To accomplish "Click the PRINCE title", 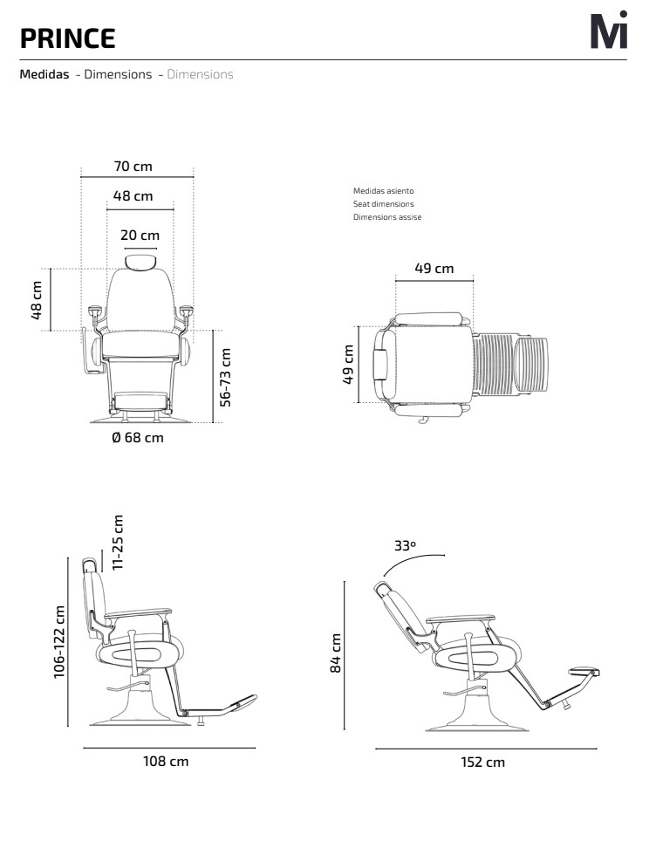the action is click(67, 38).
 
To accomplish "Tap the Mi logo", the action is click(609, 30).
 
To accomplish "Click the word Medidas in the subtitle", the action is click(44, 74).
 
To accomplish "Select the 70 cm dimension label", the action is click(133, 167).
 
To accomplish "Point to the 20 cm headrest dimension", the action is click(140, 235).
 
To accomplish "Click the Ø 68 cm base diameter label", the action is click(138, 438).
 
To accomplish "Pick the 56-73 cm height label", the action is click(225, 378).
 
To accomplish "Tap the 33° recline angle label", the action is click(405, 545).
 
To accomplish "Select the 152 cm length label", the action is click(482, 762).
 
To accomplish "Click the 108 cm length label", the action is click(166, 761).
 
